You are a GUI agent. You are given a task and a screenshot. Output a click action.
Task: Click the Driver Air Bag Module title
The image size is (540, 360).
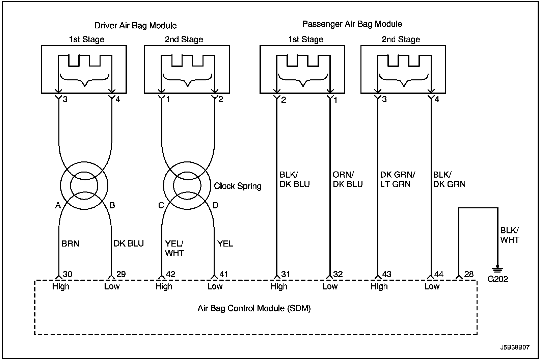[x=135, y=26]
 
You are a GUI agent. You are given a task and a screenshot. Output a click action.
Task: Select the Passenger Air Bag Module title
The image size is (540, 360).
[x=352, y=24]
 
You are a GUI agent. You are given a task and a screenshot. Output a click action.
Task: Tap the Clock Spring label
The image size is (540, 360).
[x=238, y=186]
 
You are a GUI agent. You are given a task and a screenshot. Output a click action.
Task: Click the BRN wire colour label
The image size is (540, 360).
[x=71, y=244]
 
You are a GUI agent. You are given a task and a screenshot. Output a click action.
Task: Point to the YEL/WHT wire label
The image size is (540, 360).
[x=174, y=248]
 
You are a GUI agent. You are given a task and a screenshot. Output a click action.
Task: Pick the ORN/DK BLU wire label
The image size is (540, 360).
[x=348, y=179]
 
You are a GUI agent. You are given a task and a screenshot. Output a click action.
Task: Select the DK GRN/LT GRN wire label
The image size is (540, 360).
[x=398, y=179]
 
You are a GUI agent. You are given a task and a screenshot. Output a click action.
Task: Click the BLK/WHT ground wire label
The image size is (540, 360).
[x=510, y=235]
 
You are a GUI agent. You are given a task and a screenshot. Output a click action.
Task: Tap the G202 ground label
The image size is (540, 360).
[x=497, y=279]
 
